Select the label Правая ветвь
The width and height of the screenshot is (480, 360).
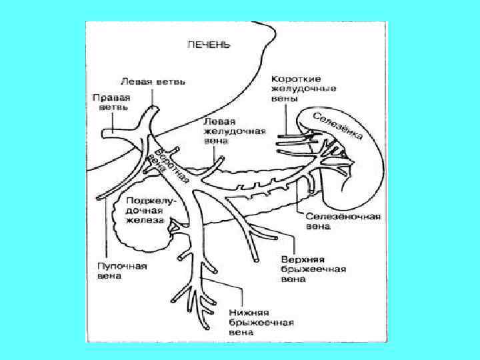[110, 101]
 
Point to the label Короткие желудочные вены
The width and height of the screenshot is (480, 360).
[303, 88]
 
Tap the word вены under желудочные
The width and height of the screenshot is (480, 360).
[283, 97]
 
